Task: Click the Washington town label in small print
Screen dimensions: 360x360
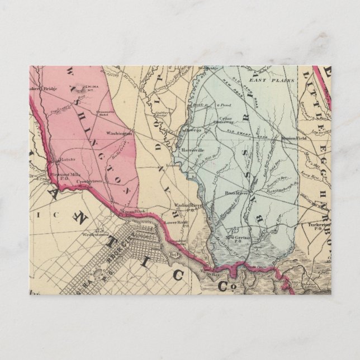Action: tap(119, 134)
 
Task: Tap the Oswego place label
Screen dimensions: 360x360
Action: tap(194, 130)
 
